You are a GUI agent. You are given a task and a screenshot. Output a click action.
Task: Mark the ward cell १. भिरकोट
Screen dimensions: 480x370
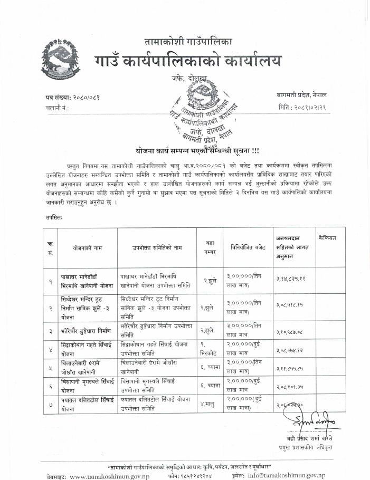pos(210,348)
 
